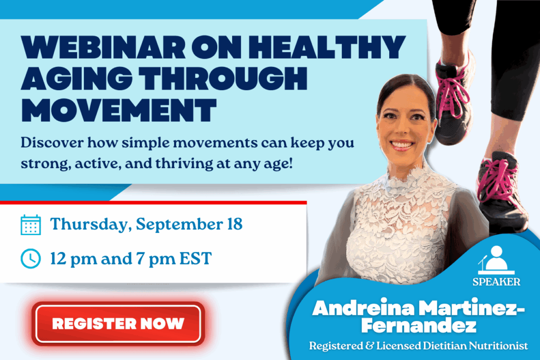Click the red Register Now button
click(x=118, y=323)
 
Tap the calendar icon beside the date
click(x=31, y=225)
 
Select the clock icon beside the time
click(x=31, y=258)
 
